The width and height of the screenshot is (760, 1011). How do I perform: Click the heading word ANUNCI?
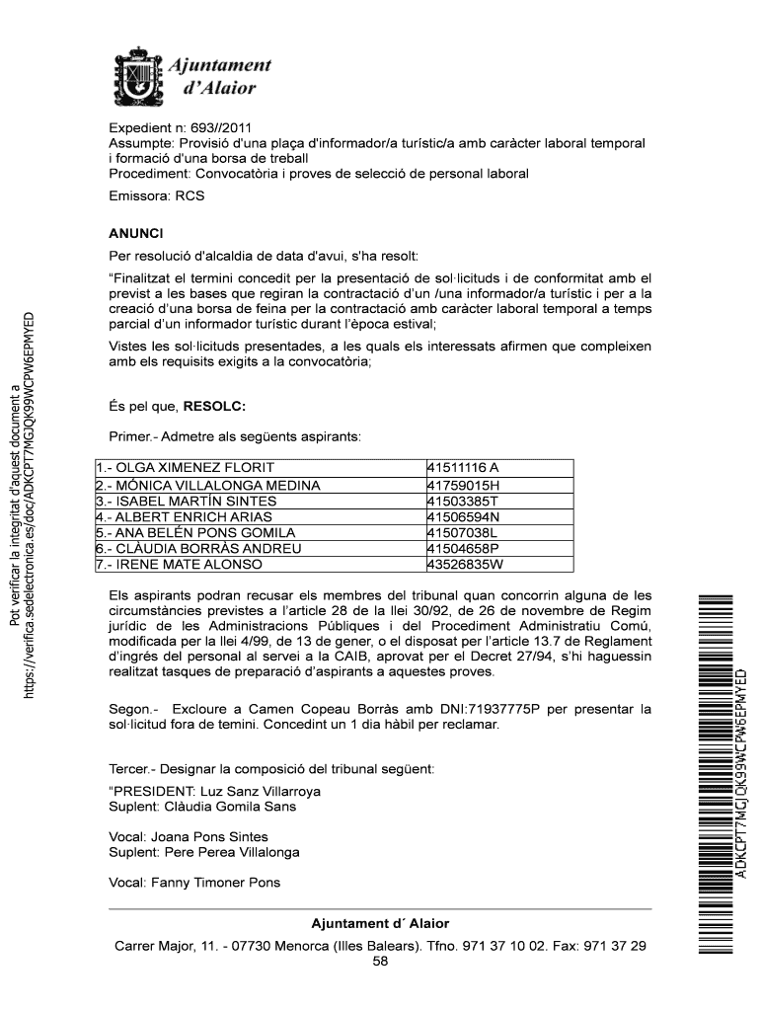[x=135, y=234]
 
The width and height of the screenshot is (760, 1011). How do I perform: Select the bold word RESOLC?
[x=214, y=406]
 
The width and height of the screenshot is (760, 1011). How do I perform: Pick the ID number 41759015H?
[x=464, y=485]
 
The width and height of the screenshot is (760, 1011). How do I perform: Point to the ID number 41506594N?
[x=463, y=516]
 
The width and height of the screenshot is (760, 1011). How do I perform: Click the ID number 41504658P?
[x=463, y=548]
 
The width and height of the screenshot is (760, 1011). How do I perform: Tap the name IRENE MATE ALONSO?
[x=180, y=565]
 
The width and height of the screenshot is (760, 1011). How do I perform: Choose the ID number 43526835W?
[x=465, y=565]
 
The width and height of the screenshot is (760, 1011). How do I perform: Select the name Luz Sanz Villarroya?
[x=258, y=791]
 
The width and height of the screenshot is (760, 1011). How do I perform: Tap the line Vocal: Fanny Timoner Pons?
[x=194, y=883]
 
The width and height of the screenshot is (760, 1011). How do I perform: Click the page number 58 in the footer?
[x=380, y=962]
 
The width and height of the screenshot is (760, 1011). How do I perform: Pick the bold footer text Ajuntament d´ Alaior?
[x=380, y=923]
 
